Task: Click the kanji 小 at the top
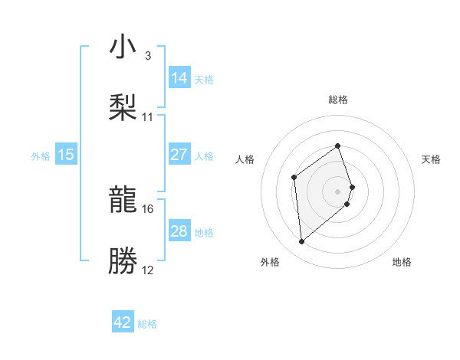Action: tap(123, 47)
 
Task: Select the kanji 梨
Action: tap(123, 107)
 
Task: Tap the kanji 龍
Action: tap(123, 201)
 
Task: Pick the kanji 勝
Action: tap(123, 260)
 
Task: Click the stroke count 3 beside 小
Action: tap(147, 56)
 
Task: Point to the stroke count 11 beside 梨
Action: tap(148, 117)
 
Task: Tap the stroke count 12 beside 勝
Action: tap(148, 270)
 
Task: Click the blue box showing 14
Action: tap(179, 78)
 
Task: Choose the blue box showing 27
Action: tap(179, 155)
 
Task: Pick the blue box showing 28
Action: tap(179, 231)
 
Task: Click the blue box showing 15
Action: tap(66, 155)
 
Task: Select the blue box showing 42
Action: tap(123, 322)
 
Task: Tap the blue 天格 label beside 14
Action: tap(204, 80)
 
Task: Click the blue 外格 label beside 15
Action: tap(41, 155)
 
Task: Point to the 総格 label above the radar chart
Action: tap(338, 100)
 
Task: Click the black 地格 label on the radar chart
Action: tap(402, 263)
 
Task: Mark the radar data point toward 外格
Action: tap(301, 242)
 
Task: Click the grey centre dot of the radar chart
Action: tap(338, 191)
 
